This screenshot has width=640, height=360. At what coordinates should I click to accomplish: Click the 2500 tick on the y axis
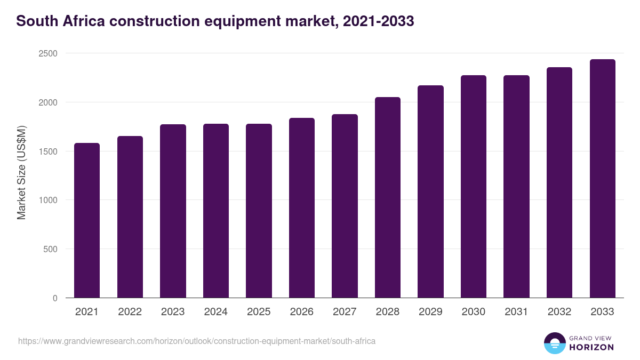point(48,53)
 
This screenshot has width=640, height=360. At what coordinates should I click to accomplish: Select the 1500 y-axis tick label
point(48,151)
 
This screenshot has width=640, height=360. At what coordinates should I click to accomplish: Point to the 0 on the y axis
point(55,298)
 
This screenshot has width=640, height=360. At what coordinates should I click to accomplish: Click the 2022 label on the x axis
point(130,312)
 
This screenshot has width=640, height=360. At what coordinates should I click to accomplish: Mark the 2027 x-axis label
point(345,312)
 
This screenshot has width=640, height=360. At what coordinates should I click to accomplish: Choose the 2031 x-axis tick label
point(516,312)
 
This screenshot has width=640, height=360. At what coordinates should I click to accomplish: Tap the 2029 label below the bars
point(430,312)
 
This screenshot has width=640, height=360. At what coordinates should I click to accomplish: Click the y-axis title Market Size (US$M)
point(21,173)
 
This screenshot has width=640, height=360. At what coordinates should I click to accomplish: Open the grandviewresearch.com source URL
point(197,341)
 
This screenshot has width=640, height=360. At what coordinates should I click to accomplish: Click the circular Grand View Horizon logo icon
point(554,343)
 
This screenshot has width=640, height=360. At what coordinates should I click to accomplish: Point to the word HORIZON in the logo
point(591,347)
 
